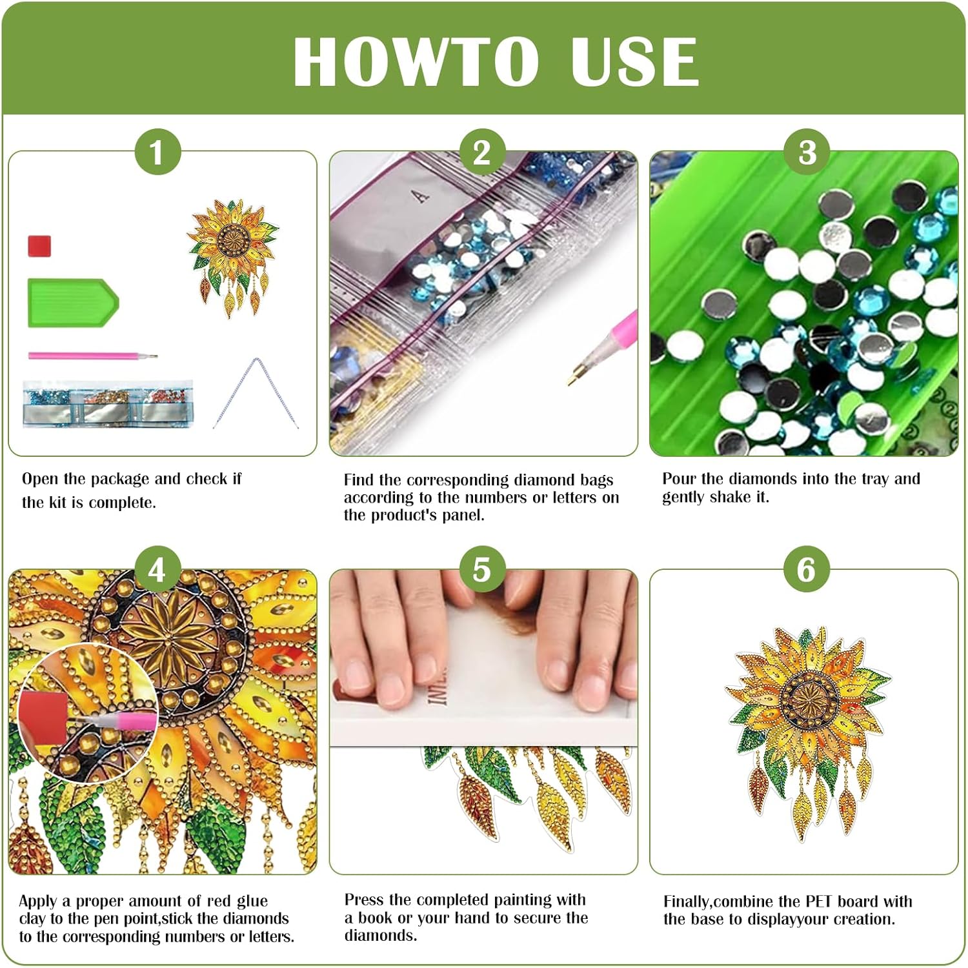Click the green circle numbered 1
pyautogui.click(x=157, y=152)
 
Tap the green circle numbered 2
pyautogui.click(x=482, y=152)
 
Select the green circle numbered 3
pyautogui.click(x=807, y=152)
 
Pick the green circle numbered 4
pyautogui.click(x=157, y=570)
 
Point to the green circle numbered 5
pyautogui.click(x=482, y=570)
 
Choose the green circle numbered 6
pyautogui.click(x=807, y=570)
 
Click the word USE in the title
pyautogui.click(x=634, y=61)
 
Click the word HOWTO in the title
pyautogui.click(x=416, y=61)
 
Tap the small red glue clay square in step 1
pyautogui.click(x=39, y=246)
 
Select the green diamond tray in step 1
pyautogui.click(x=73, y=303)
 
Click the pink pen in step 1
pyautogui.click(x=93, y=356)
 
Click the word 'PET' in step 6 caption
pyautogui.click(x=819, y=902)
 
